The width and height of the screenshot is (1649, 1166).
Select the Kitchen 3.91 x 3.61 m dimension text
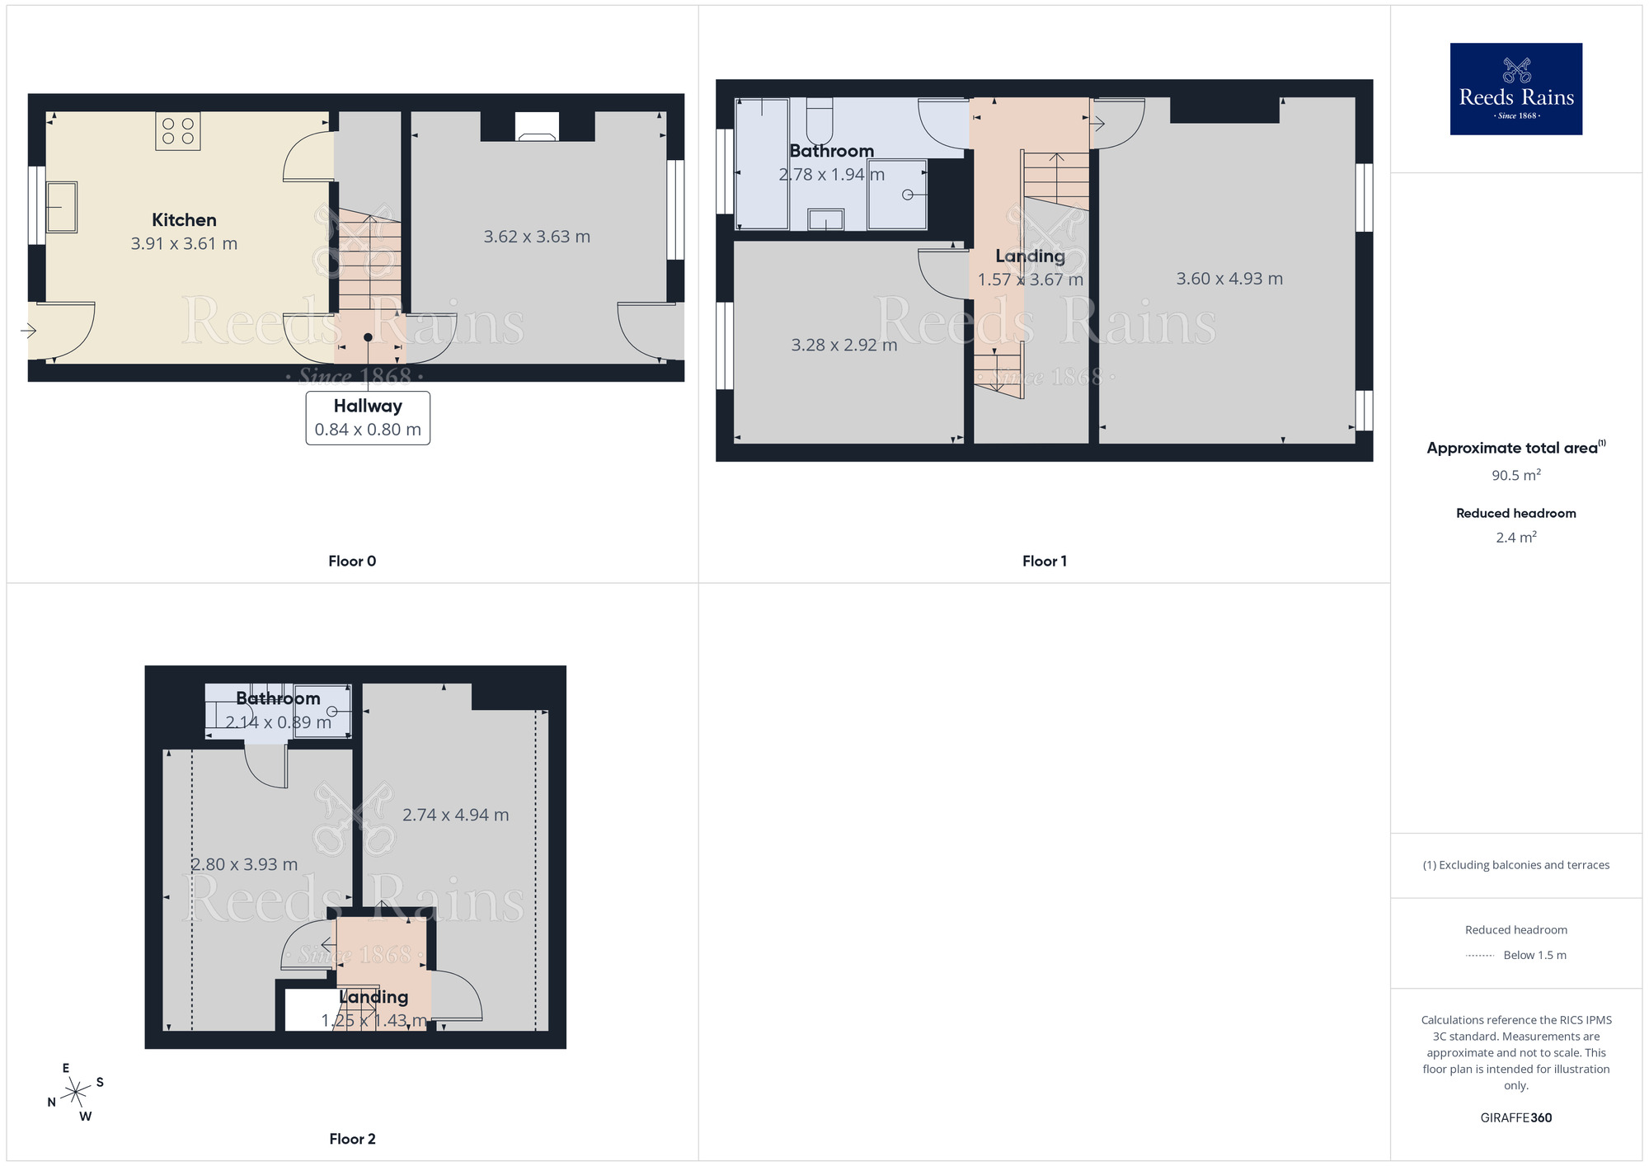click(x=184, y=244)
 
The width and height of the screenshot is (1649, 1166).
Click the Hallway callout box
click(x=368, y=418)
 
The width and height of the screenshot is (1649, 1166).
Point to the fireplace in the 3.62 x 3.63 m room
click(x=537, y=128)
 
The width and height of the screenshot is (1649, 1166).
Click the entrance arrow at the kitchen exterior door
click(x=29, y=331)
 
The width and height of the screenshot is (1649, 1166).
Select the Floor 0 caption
click(x=352, y=562)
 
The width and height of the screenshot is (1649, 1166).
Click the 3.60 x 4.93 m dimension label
click(x=1229, y=279)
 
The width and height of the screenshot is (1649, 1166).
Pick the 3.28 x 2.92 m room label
click(x=843, y=345)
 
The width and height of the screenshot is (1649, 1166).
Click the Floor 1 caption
click(x=1044, y=562)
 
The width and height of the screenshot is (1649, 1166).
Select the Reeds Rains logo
click(x=1515, y=89)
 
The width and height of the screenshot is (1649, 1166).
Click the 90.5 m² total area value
click(x=1515, y=475)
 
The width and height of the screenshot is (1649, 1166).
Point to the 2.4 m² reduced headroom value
click(x=1515, y=538)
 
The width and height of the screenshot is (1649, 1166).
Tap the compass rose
click(x=76, y=1093)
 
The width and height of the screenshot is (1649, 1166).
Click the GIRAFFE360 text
click(x=1515, y=1118)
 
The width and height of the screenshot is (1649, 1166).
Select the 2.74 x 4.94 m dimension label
click(x=455, y=815)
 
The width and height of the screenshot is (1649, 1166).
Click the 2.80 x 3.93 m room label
click(x=244, y=864)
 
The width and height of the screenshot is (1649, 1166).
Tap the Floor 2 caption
click(x=352, y=1139)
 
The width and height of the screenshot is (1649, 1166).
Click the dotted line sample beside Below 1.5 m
click(x=1480, y=956)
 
